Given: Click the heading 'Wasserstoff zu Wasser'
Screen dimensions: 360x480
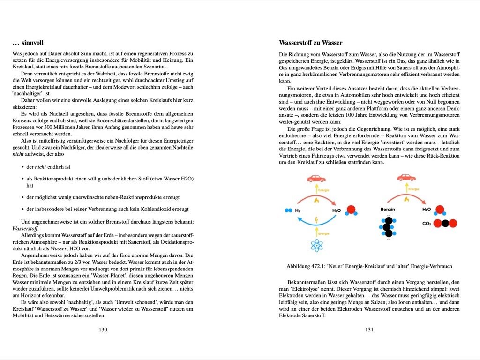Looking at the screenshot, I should [x=310, y=43].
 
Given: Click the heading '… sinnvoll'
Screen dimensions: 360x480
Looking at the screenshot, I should [x=28, y=43].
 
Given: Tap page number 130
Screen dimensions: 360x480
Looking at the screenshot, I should [x=103, y=330].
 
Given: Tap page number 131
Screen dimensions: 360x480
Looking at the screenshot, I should [x=369, y=330].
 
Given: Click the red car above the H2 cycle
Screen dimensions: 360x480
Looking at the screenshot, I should [x=316, y=178].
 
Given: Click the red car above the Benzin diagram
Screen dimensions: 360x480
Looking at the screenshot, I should [x=406, y=178].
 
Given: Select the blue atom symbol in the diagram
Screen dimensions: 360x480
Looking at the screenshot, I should [x=317, y=245].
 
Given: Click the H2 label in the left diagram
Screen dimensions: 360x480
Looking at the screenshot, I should [x=297, y=210].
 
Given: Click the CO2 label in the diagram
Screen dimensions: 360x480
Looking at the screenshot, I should [x=427, y=224].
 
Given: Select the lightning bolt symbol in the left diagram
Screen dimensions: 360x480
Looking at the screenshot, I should [x=317, y=218].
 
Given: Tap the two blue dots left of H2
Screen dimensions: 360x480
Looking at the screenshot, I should [x=288, y=210].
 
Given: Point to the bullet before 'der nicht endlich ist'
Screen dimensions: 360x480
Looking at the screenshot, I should [x=23, y=167].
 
